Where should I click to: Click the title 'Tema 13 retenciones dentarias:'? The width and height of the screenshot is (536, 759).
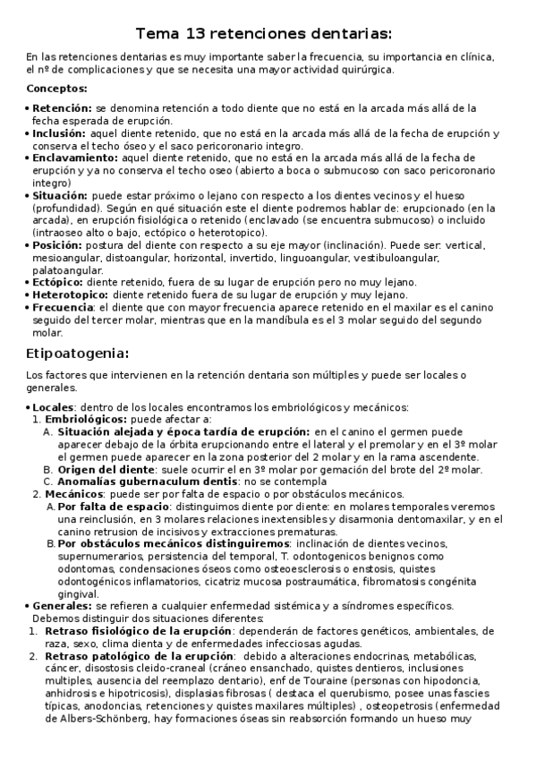click(x=264, y=35)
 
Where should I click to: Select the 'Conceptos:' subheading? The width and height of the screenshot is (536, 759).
click(x=57, y=89)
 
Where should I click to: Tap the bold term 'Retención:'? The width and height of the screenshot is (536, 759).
click(x=62, y=107)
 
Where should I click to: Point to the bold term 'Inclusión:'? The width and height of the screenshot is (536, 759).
click(x=59, y=132)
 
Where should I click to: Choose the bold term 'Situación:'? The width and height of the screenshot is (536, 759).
click(x=60, y=195)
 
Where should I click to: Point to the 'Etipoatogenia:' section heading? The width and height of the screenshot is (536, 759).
click(x=78, y=352)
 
